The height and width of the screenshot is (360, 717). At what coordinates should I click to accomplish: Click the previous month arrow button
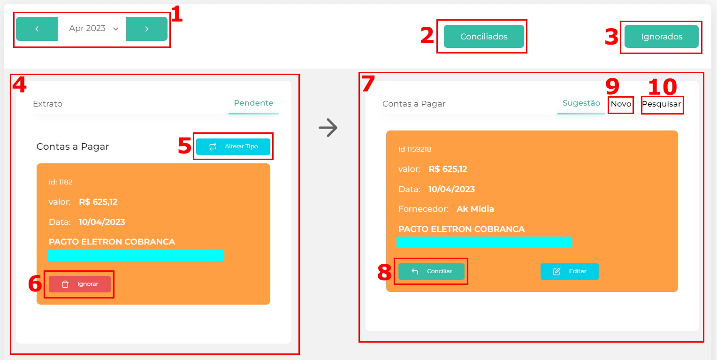pos(37,29)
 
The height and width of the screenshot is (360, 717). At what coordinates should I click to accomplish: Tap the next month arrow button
pos(146,29)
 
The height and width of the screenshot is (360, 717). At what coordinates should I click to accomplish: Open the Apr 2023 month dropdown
pos(93,29)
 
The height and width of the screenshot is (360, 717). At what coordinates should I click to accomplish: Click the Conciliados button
pos(484,37)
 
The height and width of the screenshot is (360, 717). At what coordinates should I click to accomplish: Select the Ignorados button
pos(661,37)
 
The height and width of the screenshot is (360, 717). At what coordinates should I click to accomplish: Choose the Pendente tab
pos(253,103)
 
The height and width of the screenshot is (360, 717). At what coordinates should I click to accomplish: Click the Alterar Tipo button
pos(233,146)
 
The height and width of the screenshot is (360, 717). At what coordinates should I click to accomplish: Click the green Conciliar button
pos(431,271)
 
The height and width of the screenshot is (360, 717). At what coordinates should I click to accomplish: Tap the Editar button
pos(570,271)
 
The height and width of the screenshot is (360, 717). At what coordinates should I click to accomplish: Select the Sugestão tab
pos(581,103)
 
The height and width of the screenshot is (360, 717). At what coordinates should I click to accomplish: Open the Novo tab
pos(621,104)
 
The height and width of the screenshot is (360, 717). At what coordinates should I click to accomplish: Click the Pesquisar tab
pos(661,104)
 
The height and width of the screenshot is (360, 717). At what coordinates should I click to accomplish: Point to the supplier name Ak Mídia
pos(475,209)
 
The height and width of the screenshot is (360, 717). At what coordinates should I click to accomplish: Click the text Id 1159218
pos(414,149)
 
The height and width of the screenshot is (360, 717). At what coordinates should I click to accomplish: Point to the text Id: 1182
pos(61,182)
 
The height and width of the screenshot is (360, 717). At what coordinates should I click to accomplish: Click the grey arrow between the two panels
pos(328,128)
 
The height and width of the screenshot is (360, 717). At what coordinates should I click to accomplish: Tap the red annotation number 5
pos(184,146)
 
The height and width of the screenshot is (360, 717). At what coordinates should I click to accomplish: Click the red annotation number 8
pos(384,272)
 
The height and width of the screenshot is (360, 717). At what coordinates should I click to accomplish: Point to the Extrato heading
pos(47,104)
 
